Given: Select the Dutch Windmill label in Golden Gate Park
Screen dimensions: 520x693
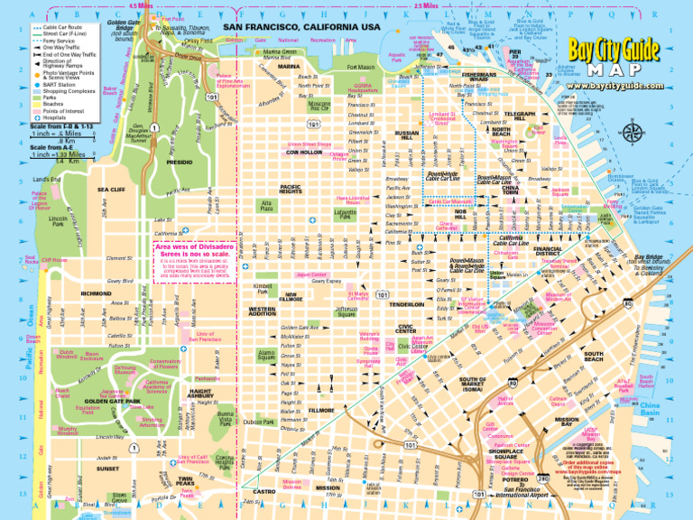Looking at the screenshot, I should (x=66, y=355).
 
